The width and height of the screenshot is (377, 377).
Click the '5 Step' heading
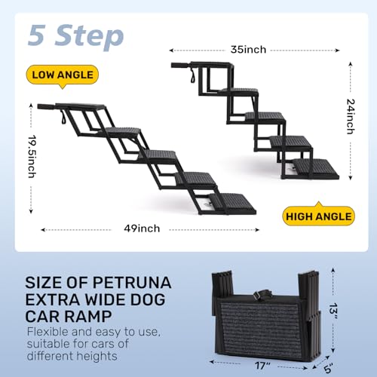coord(75,35)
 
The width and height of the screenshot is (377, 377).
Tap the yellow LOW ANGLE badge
coord(63,74)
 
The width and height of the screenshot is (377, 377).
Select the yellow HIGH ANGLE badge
coord(319,216)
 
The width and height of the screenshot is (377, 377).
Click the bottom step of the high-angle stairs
coord(314,165)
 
